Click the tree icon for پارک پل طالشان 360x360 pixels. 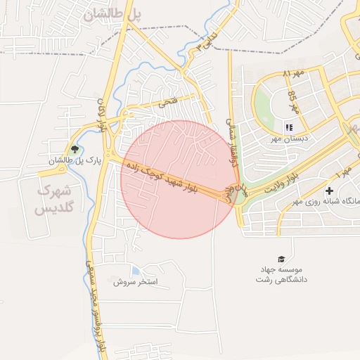[x=75, y=149]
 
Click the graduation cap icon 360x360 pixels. [x=281, y=259]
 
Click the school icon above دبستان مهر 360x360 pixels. [x=288, y=127]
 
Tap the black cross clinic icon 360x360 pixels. [x=329, y=191]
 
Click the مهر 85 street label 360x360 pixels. [x=294, y=103]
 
